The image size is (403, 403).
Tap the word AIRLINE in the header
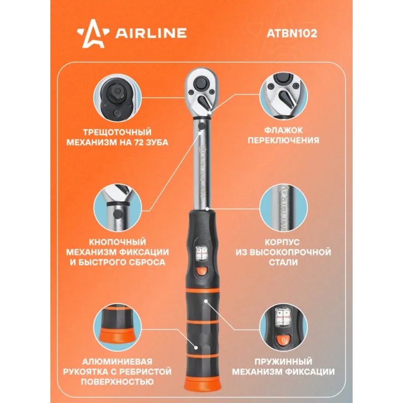[151, 33]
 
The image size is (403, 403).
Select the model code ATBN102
[292, 33]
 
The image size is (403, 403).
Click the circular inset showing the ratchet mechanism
[117, 98]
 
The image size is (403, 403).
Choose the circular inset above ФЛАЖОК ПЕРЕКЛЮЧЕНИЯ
[283, 96]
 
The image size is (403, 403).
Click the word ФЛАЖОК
[283, 130]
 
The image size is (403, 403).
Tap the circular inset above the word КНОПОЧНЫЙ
[117, 208]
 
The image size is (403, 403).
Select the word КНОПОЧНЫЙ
[117, 242]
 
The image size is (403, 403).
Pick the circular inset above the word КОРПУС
[283, 208]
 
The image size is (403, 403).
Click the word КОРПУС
[282, 242]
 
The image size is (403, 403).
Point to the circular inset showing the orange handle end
[117, 327]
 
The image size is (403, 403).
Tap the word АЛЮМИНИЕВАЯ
[117, 362]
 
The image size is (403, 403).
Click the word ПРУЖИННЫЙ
[283, 362]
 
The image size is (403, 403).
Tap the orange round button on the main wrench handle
[202, 271]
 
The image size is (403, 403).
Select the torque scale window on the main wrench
[202, 253]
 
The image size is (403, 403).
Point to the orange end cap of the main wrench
[203, 384]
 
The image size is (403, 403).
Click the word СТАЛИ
[283, 262]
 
